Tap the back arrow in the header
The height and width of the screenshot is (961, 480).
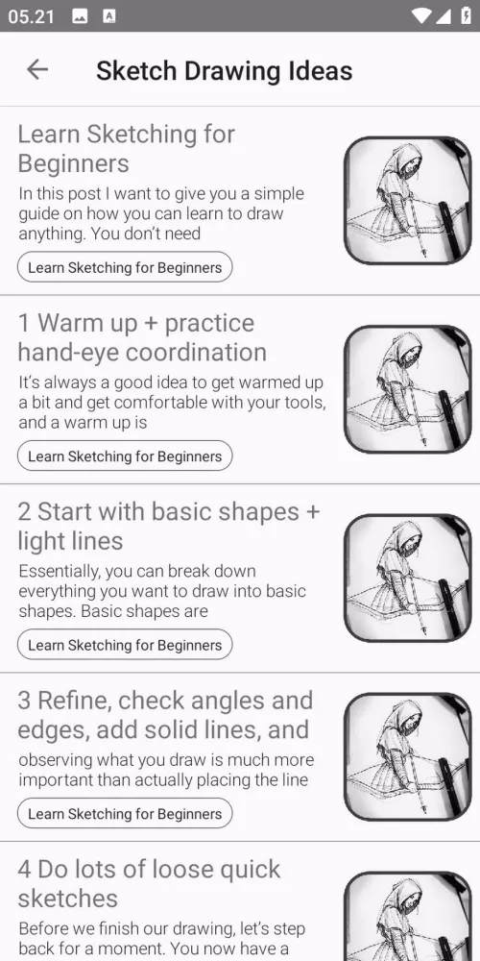tap(37, 70)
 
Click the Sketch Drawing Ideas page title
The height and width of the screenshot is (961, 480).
tap(224, 70)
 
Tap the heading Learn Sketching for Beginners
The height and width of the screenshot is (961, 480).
tap(126, 148)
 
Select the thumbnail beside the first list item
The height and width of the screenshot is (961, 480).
tap(408, 201)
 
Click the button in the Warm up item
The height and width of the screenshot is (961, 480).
tap(125, 456)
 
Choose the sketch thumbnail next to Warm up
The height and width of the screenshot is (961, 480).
tap(408, 389)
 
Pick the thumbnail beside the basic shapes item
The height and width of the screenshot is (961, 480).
tap(408, 578)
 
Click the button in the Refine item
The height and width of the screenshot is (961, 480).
tap(125, 813)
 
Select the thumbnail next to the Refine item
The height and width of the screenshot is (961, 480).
tap(408, 757)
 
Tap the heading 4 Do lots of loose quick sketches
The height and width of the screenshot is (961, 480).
tap(150, 883)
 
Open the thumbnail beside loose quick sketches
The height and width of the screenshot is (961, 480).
tap(408, 916)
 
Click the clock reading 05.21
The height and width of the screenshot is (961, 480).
tap(32, 16)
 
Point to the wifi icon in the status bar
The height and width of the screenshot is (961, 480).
tap(421, 16)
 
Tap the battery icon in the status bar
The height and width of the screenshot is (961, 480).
tap(466, 16)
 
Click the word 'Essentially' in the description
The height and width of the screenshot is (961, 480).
tap(59, 572)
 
